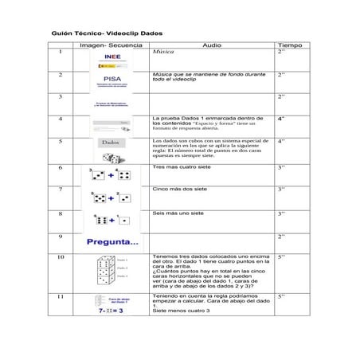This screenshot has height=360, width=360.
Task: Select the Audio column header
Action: [x=212, y=46]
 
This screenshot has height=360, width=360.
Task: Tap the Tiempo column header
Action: [x=289, y=46]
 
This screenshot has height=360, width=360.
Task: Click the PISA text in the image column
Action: [x=112, y=79]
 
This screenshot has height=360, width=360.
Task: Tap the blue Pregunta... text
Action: [x=112, y=242]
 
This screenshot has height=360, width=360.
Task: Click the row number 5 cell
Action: [x=61, y=141]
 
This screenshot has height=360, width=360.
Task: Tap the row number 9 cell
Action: [x=61, y=237]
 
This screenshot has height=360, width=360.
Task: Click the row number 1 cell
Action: [x=61, y=52]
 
